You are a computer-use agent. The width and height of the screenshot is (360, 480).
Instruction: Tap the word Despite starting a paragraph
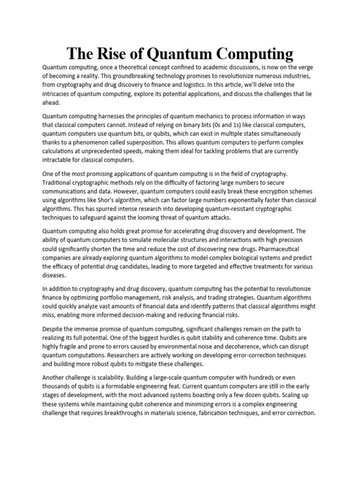[54, 329]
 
